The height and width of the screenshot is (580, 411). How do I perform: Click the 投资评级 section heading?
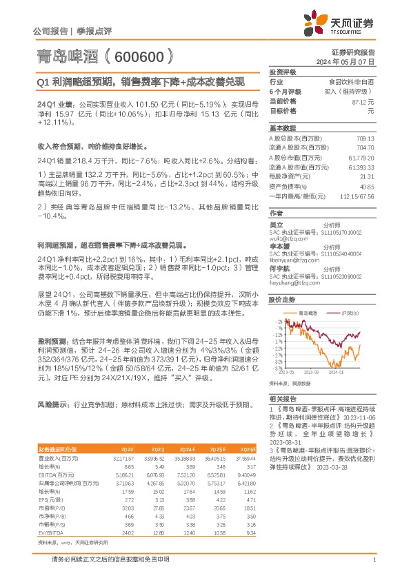pyautogui.click(x=283, y=72)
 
